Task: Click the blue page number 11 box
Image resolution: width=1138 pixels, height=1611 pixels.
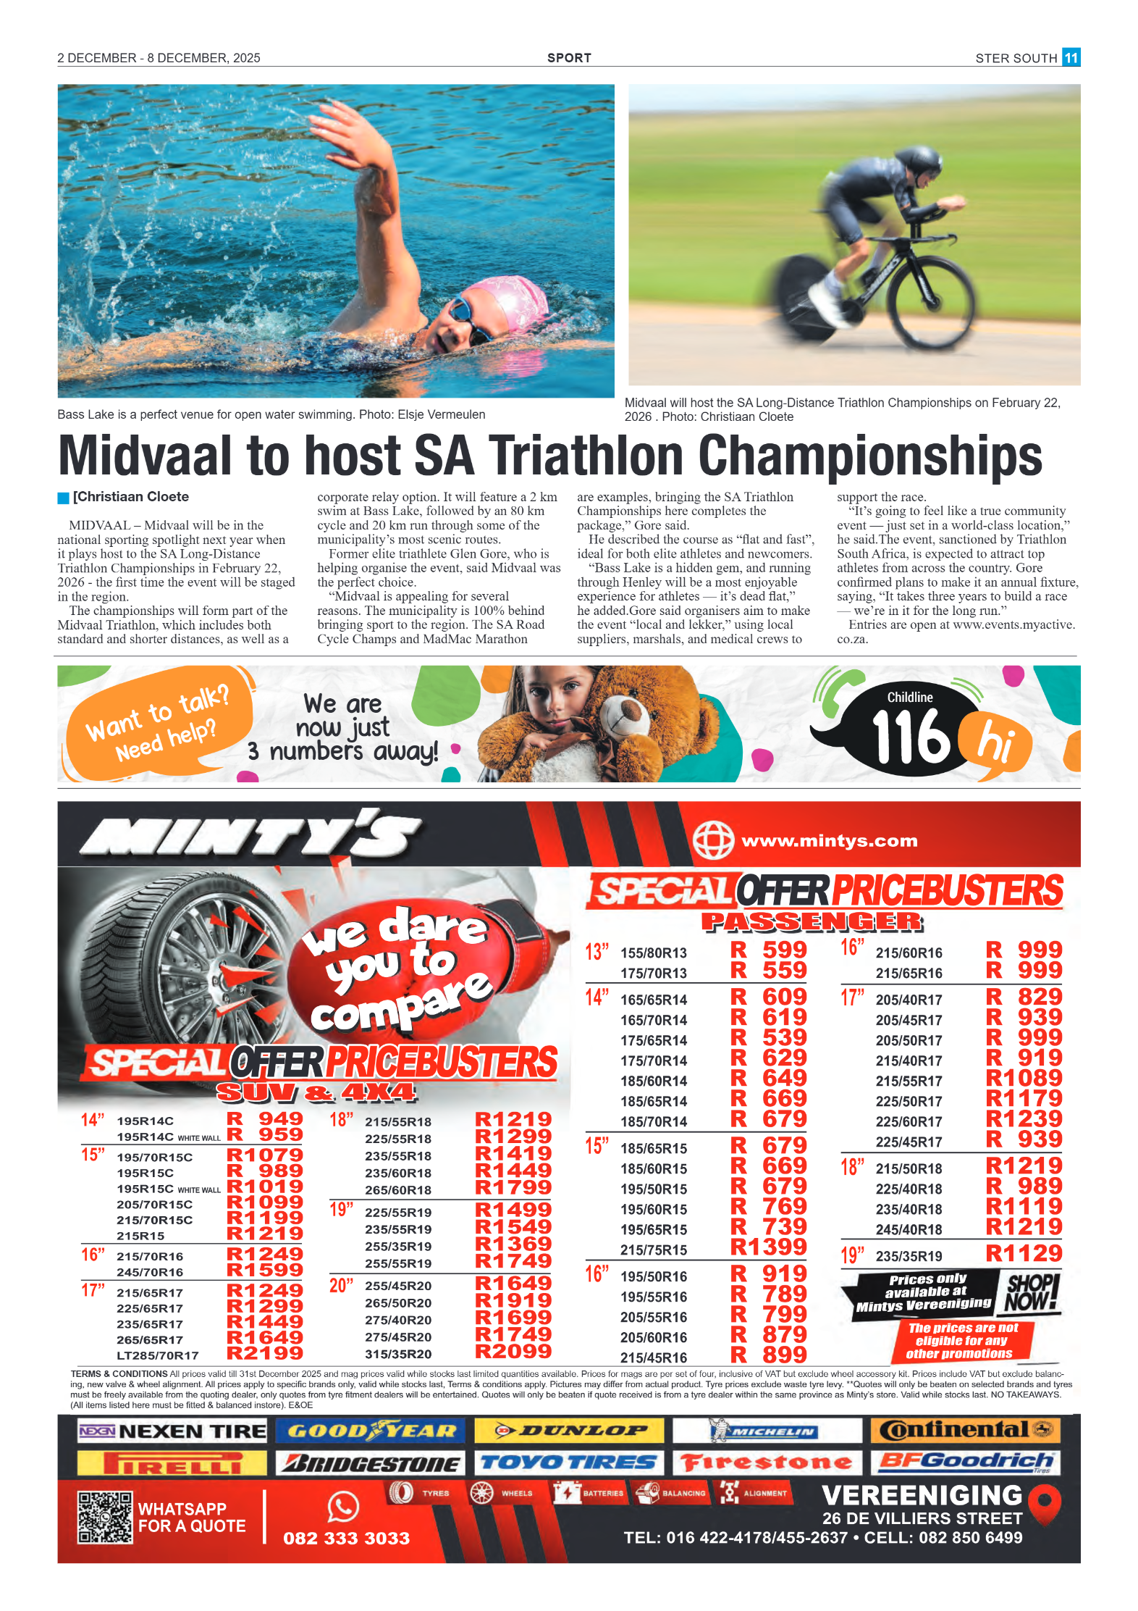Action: [x=1071, y=57]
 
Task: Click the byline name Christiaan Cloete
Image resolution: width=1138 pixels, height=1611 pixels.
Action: [x=131, y=497]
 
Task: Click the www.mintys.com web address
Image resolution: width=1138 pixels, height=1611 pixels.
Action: [x=829, y=841]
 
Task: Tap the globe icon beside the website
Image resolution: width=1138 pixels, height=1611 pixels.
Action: [x=713, y=840]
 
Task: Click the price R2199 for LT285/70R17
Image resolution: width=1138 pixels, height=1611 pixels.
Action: [x=265, y=1353]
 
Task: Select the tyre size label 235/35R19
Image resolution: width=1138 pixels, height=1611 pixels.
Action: [x=909, y=1256]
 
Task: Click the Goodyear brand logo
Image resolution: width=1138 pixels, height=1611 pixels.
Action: [x=371, y=1431]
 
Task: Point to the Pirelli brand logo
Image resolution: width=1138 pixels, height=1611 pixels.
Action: [x=172, y=1463]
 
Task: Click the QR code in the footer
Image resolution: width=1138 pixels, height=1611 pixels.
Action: [x=105, y=1517]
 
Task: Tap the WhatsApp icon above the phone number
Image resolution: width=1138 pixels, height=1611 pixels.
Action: [x=343, y=1507]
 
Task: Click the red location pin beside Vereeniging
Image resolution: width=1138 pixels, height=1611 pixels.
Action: [x=1044, y=1505]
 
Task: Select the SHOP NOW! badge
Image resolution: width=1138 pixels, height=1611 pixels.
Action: [x=1032, y=1294]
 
